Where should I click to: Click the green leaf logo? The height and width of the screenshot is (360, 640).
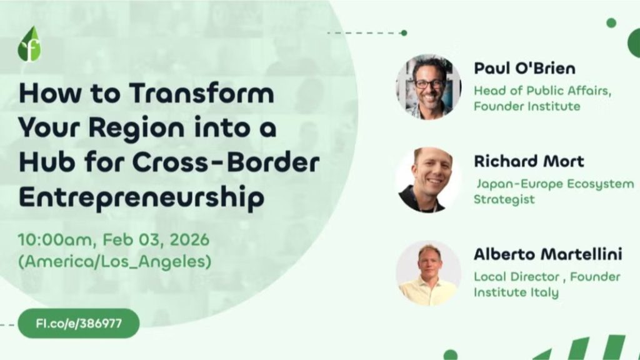(x=29, y=44)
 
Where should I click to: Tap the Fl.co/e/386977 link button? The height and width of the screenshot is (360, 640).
(x=78, y=323)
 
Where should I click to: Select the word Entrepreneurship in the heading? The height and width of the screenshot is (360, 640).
(x=141, y=198)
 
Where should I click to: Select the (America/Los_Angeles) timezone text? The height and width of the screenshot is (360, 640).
(x=114, y=262)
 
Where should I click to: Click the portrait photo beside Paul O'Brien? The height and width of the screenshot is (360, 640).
(x=428, y=86)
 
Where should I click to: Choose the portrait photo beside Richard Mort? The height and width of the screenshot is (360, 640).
(x=428, y=180)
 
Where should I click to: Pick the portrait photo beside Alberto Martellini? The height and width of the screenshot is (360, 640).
(x=428, y=273)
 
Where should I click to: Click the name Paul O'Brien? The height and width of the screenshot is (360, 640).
(x=524, y=67)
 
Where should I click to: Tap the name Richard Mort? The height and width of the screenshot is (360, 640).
(x=529, y=161)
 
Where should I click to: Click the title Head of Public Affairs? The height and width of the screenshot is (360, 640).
(x=541, y=90)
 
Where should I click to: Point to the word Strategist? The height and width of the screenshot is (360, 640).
(x=504, y=200)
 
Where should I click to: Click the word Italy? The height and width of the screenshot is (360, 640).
(x=545, y=292)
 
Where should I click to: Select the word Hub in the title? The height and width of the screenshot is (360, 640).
(x=42, y=163)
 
